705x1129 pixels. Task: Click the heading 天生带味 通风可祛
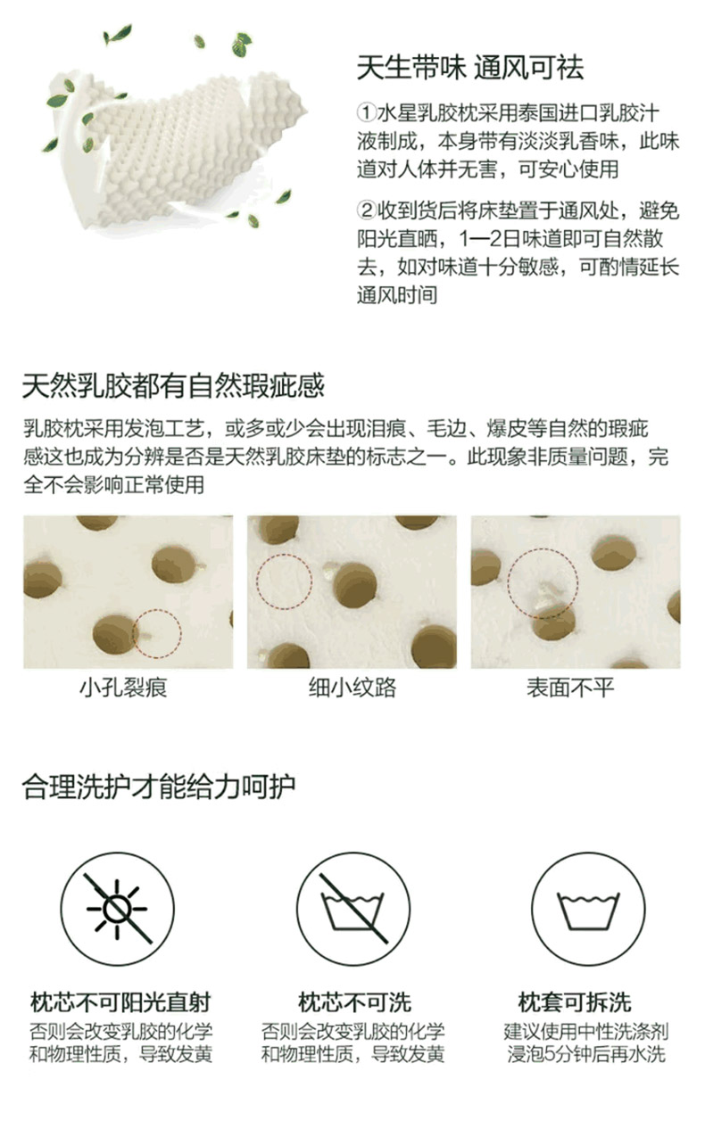pyautogui.click(x=470, y=68)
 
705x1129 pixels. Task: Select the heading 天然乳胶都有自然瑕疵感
pyautogui.click(x=173, y=386)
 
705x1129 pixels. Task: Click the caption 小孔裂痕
pyautogui.click(x=123, y=688)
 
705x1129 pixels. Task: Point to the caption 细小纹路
pyautogui.click(x=352, y=688)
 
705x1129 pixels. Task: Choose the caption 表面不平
pyautogui.click(x=570, y=688)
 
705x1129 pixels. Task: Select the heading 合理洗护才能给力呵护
pyautogui.click(x=158, y=787)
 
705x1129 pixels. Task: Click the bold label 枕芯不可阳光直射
pyautogui.click(x=120, y=1002)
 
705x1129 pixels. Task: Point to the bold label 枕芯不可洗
pyautogui.click(x=354, y=1002)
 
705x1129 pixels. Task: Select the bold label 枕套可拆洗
pyautogui.click(x=574, y=1002)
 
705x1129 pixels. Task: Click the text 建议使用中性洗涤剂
pyautogui.click(x=586, y=1032)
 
